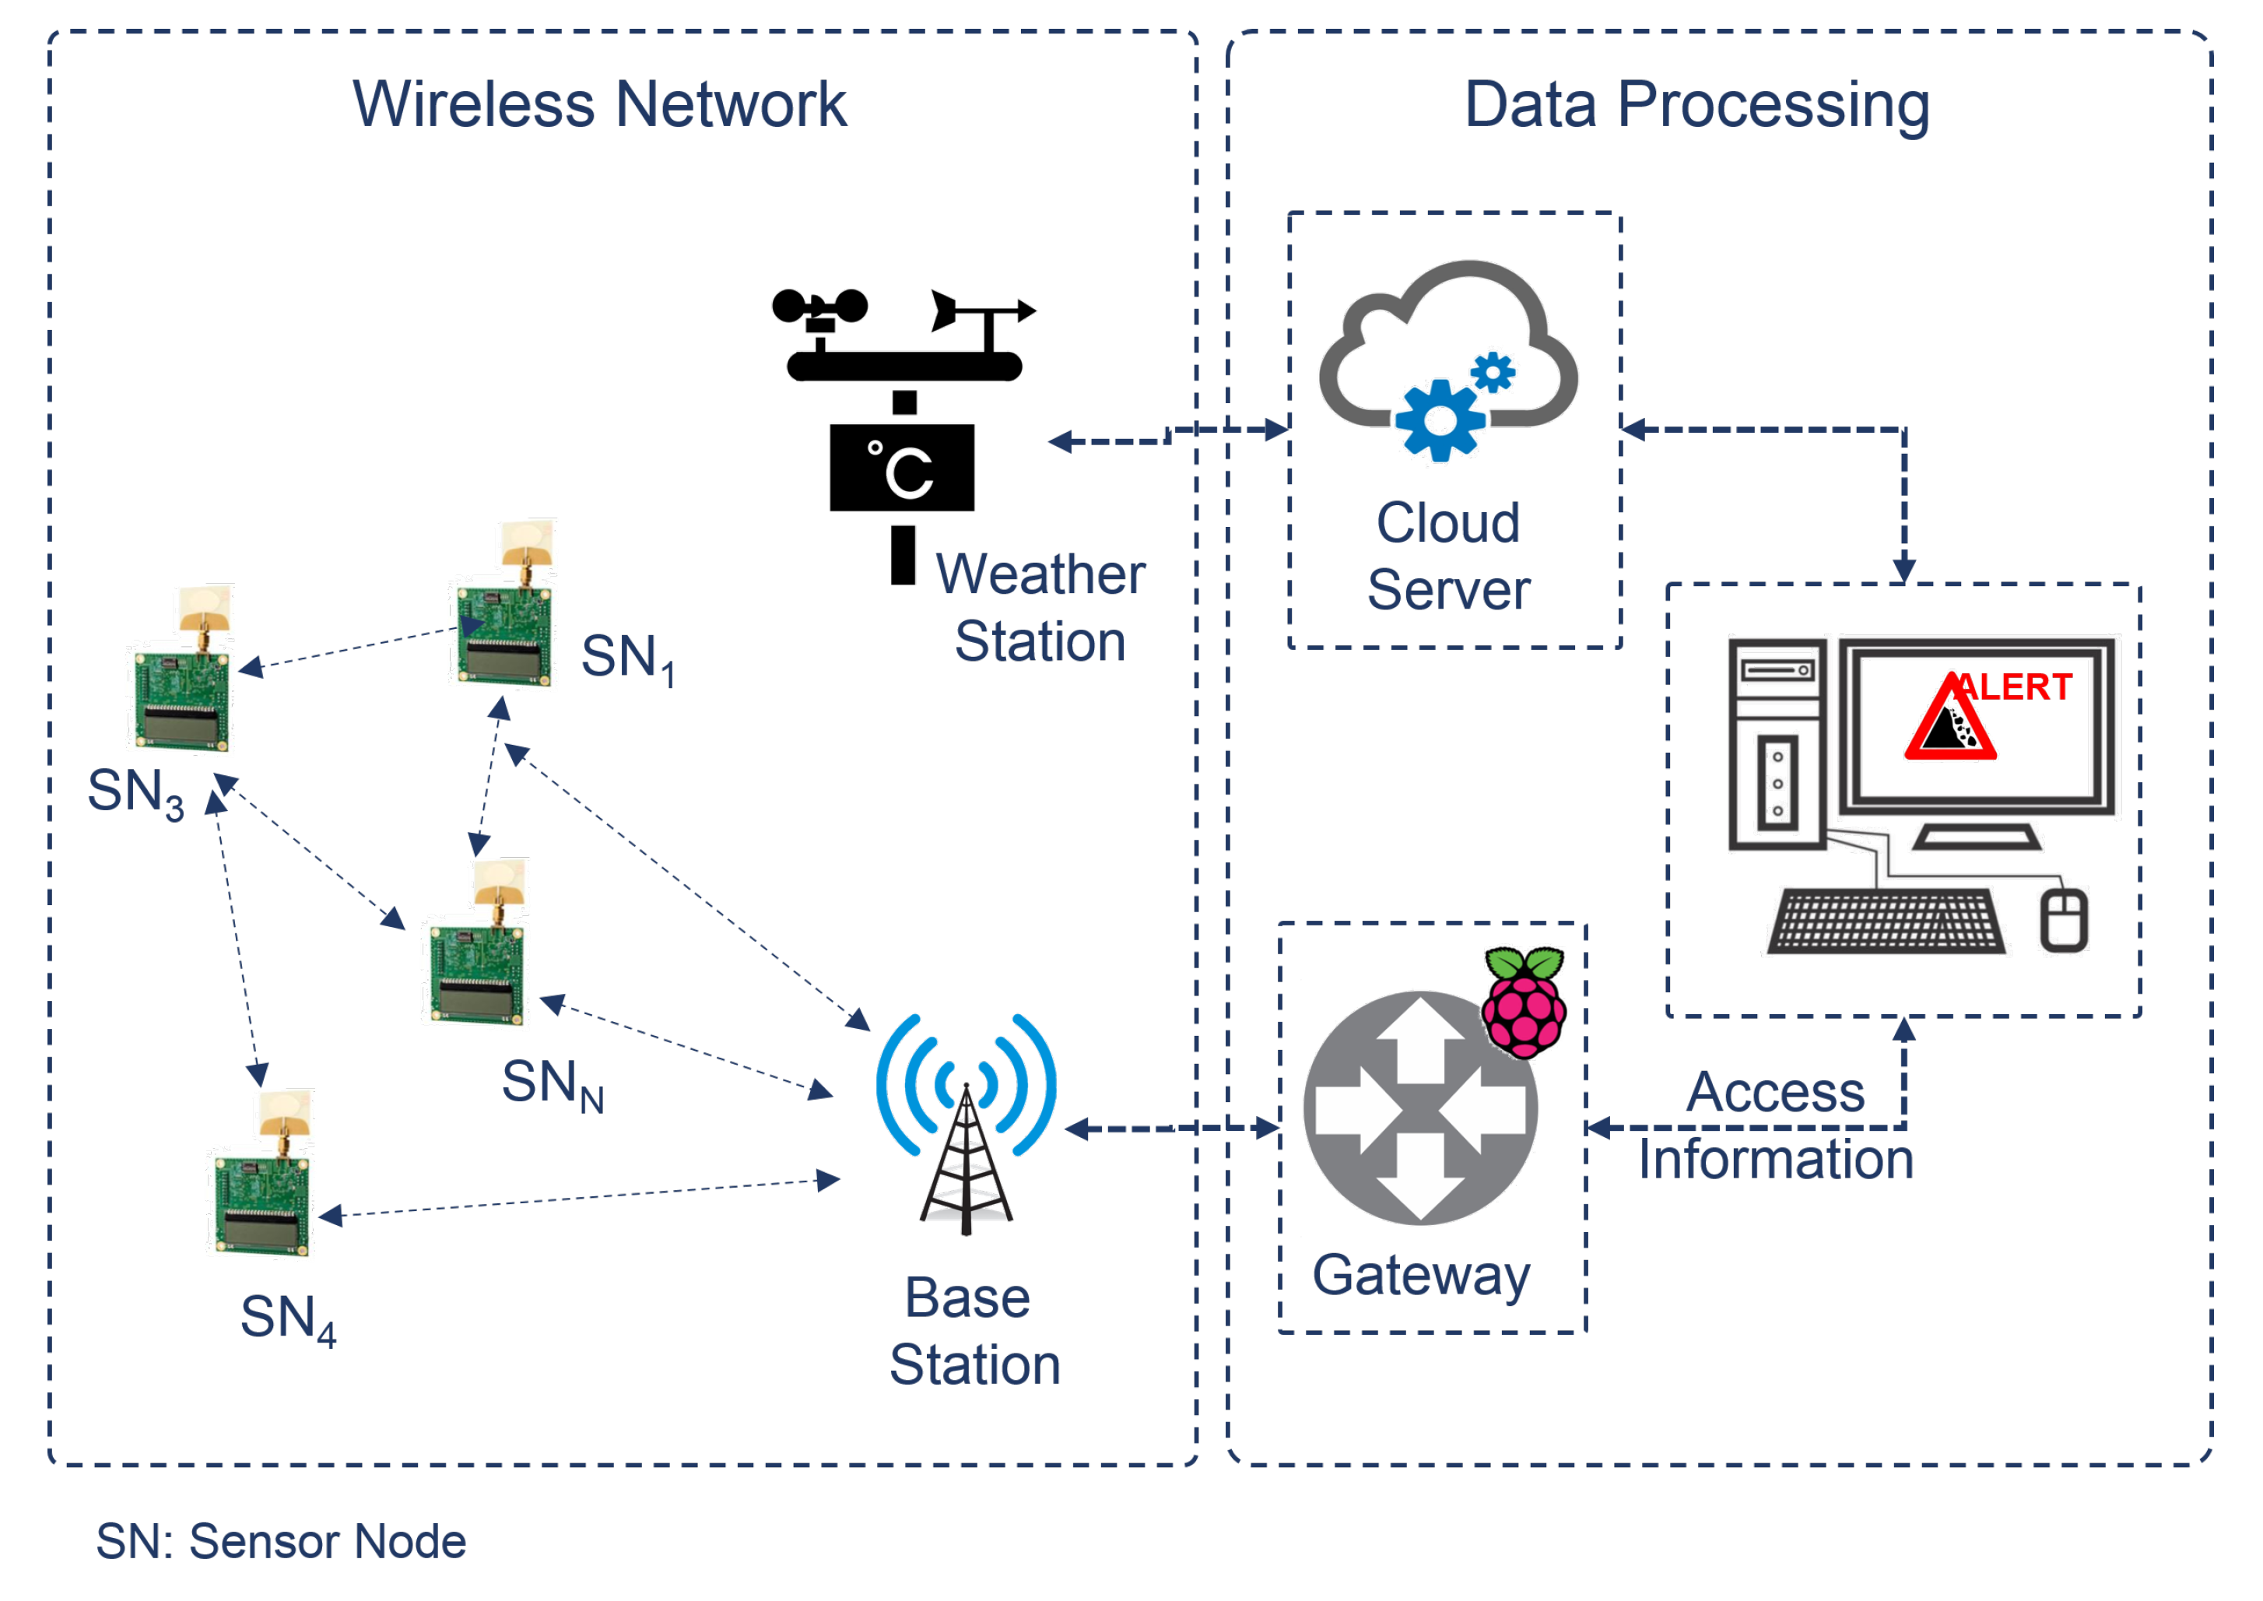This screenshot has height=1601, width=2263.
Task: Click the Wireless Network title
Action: pyautogui.click(x=599, y=104)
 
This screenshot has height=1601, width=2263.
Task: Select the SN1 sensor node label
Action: pyautogui.click(x=627, y=658)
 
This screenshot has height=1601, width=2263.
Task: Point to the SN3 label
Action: pyautogui.click(x=135, y=792)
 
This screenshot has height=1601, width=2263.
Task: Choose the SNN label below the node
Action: pyautogui.click(x=552, y=1083)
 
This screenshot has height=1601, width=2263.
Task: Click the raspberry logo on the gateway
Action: pyautogui.click(x=1524, y=1002)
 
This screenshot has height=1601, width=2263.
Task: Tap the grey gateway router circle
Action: pyautogui.click(x=1419, y=1108)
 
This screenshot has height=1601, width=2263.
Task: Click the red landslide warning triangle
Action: pyautogui.click(x=1949, y=720)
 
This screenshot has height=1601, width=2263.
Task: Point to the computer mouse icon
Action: pyautogui.click(x=2064, y=920)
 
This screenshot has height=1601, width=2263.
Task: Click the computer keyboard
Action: pyautogui.click(x=1885, y=922)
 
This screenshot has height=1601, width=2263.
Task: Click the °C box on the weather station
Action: pyautogui.click(x=902, y=467)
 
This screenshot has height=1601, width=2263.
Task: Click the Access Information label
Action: pyautogui.click(x=1774, y=1125)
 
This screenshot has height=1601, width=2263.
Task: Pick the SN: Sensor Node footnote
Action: pyautogui.click(x=281, y=1541)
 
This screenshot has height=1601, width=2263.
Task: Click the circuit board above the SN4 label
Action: pyautogui.click(x=262, y=1205)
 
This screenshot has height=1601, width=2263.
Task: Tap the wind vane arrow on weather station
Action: pyautogui.click(x=981, y=311)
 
